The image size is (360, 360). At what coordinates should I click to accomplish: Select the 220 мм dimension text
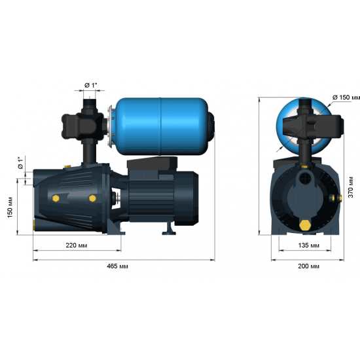click(x=77, y=245)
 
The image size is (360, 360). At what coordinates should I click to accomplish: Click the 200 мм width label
click(x=307, y=267)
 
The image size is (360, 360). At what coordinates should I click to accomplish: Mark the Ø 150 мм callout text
click(x=346, y=98)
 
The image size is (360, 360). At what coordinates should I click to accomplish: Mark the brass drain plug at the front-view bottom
click(x=305, y=224)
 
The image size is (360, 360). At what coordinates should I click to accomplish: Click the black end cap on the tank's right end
click(x=212, y=123)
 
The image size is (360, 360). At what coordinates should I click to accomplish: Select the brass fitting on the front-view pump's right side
click(x=338, y=196)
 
